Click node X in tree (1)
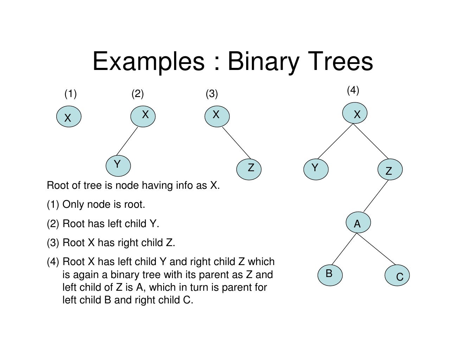pyautogui.click(x=69, y=117)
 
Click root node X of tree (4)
pyautogui.click(x=355, y=114)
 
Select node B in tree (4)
pyautogui.click(x=330, y=275)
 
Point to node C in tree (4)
pyautogui.click(x=397, y=276)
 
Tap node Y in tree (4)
pyautogui.click(x=316, y=169)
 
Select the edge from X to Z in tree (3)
pyautogui.click(x=236, y=142)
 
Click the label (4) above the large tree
pyautogui.click(x=353, y=90)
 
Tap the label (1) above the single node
pyautogui.click(x=70, y=94)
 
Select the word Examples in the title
pyautogui.click(x=148, y=62)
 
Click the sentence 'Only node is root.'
pyautogui.click(x=103, y=205)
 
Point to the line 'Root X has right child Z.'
pyautogui.click(x=119, y=243)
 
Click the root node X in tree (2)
pyautogui.click(x=143, y=115)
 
